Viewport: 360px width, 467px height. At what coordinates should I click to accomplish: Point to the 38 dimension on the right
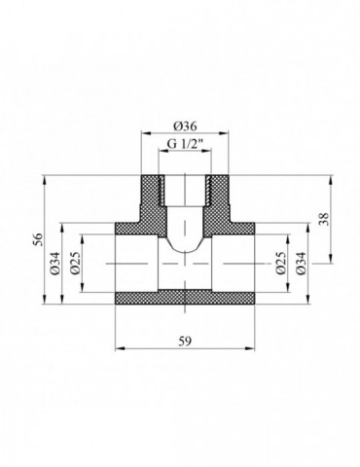[335, 219]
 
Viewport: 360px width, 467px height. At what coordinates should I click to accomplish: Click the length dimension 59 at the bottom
[185, 341]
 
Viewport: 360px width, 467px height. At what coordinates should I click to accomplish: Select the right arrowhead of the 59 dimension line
[252, 348]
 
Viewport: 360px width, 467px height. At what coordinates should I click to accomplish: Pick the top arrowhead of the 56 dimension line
[47, 179]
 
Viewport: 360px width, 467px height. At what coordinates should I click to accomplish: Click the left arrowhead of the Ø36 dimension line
[145, 134]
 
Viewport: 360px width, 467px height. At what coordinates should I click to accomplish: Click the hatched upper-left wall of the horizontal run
[131, 227]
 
